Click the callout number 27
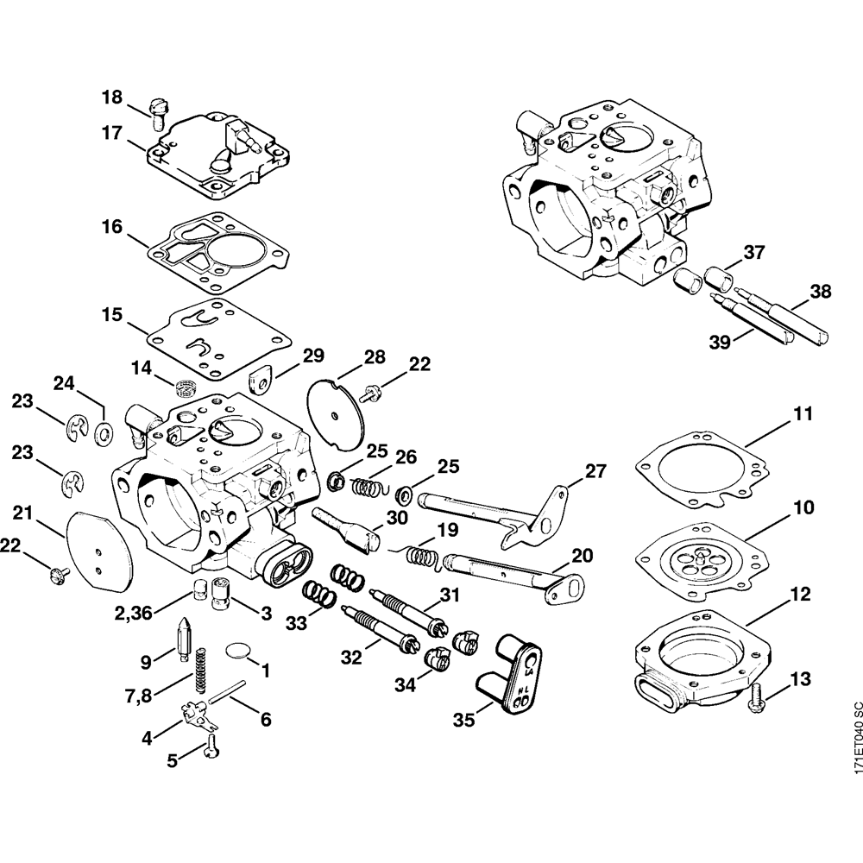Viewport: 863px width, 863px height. pos(595,472)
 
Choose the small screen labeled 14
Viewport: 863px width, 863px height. pos(182,385)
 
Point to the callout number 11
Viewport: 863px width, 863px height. pos(803,413)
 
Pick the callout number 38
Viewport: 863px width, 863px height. pos(821,292)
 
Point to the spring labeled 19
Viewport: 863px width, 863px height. pos(420,552)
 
